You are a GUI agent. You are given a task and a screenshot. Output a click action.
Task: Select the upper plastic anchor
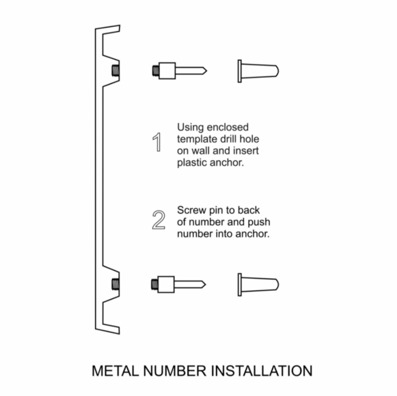coord(258,70)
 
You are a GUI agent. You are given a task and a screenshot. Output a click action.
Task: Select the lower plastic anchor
coord(258,283)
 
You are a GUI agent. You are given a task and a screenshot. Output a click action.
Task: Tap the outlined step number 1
coord(158,143)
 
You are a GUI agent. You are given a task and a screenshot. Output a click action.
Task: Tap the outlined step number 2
coord(158,221)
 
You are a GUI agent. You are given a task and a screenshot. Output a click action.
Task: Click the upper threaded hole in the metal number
coord(115,70)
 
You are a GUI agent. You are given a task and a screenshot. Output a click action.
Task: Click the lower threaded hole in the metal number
coord(115,283)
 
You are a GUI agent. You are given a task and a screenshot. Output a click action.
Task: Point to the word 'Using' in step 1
coord(191,127)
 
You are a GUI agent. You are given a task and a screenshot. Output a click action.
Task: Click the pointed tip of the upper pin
coord(203,70)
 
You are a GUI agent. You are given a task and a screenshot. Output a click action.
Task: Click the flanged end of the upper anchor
coord(241,70)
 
